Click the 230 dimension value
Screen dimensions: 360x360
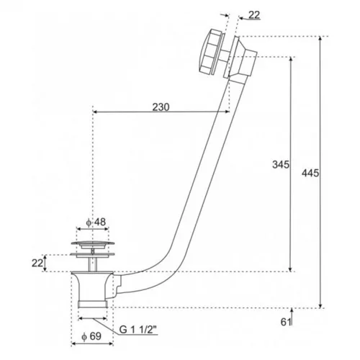pos(161,107)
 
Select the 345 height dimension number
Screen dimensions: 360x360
pos(281,165)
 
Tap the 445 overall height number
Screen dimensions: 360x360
pos(310,173)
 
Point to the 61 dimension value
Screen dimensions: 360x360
pos(286,322)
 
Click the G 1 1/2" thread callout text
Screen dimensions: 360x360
pos(138,330)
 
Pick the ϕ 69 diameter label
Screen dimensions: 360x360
pos(91,336)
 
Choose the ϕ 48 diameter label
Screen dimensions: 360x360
pos(96,222)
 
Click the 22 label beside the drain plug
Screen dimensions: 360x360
pos(37,263)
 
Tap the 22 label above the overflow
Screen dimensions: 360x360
pos(254,15)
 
